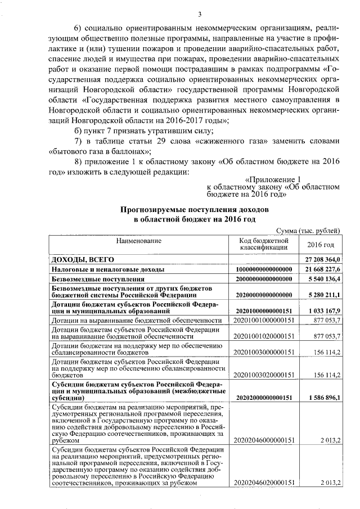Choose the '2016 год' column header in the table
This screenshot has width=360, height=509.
click(320, 245)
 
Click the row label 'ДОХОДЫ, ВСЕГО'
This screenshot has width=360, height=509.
click(83, 259)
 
